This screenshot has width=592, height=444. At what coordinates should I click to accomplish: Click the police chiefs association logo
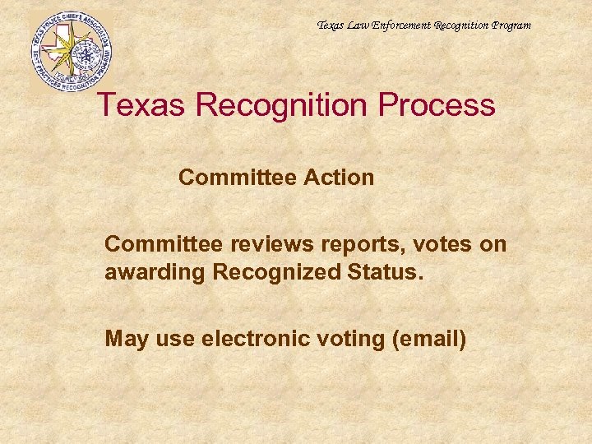[x=71, y=52]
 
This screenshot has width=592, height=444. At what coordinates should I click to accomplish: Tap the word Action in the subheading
[x=340, y=178]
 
